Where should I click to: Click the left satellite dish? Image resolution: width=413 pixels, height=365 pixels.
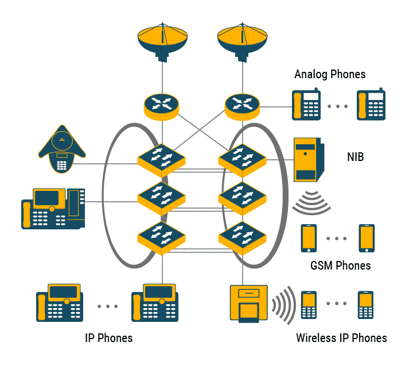tap(163, 42)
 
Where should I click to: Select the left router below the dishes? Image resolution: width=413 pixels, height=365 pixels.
tap(161, 105)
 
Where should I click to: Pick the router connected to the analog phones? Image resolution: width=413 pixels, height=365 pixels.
tap(241, 105)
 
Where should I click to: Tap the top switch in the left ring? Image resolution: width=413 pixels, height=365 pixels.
tap(161, 159)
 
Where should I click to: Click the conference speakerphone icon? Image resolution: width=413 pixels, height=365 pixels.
tap(62, 151)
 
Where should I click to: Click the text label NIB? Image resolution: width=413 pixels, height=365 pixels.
tap(356, 156)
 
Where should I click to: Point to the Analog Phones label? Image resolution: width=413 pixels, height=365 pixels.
tap(330, 74)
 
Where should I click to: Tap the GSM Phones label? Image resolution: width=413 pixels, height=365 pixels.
tap(340, 266)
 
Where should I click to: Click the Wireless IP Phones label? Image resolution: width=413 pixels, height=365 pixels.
tap(341, 338)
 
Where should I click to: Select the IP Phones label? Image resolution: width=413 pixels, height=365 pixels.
tap(108, 338)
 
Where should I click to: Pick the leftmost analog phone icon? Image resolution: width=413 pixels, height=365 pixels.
tap(306, 105)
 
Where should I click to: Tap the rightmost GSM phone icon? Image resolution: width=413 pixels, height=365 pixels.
tap(367, 238)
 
